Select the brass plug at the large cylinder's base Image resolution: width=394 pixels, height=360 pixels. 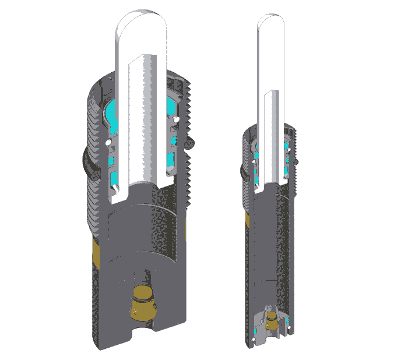(142, 302)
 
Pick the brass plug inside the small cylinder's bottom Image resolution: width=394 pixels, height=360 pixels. (271, 324)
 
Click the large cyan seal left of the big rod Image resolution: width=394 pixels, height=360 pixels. (112, 111)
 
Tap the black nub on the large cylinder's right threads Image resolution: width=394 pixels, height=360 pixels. (190, 142)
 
